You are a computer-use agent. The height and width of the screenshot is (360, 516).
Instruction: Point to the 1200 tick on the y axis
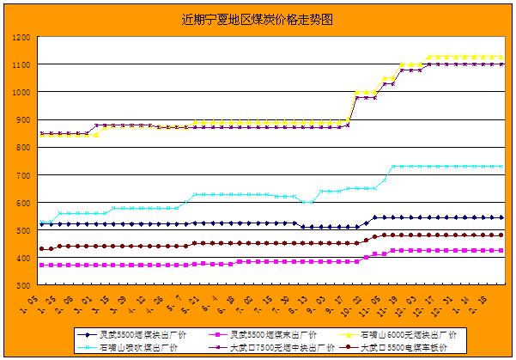(x=20, y=38)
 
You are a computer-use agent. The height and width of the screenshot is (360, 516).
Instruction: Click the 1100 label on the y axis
(x=20, y=65)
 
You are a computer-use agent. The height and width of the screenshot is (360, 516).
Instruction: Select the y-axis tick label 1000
(x=20, y=93)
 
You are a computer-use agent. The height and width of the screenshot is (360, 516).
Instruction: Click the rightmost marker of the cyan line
(x=501, y=166)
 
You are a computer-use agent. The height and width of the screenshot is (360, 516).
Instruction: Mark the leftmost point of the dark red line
(x=41, y=249)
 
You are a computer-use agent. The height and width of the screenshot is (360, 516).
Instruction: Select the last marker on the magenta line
(x=501, y=250)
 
